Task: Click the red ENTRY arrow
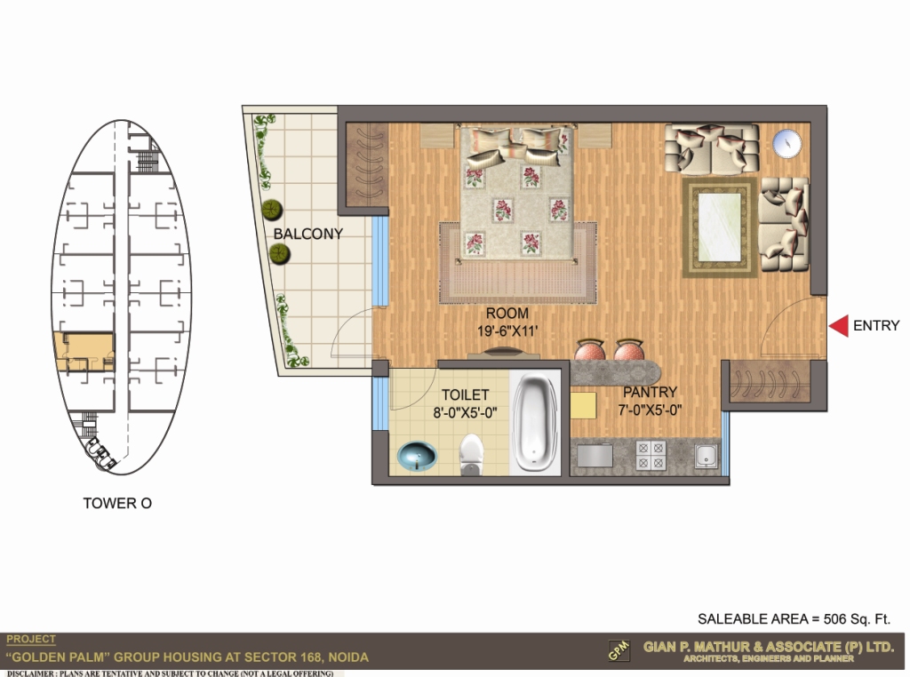coord(839,326)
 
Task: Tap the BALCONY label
coord(308,234)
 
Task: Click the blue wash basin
coord(417,456)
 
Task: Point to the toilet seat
coord(471,455)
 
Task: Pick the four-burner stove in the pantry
coord(651,456)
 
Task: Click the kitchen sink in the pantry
coord(706,457)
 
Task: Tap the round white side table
coord(787,143)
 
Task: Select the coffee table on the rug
coord(720,227)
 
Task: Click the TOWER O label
coord(118,503)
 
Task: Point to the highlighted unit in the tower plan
coord(84,352)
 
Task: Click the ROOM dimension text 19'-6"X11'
coord(507,331)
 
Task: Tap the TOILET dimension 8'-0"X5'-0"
coord(465,413)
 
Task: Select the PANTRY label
coord(650,392)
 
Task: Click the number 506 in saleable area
coord(834,619)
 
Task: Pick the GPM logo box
coord(619,650)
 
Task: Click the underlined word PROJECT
coord(31,640)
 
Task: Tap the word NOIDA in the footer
coord(348,657)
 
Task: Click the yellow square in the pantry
coord(583,405)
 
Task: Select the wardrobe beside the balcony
coord(367,165)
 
